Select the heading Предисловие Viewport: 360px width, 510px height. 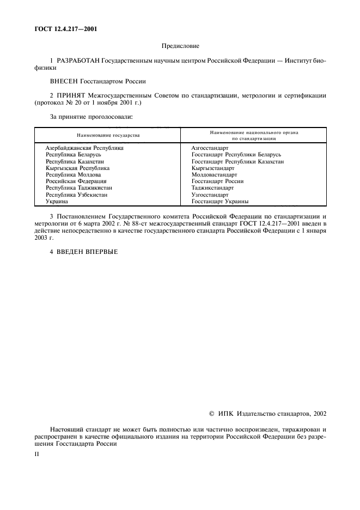(180, 47)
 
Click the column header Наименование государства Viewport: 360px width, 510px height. (108, 135)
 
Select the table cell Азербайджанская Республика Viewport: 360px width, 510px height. (84, 148)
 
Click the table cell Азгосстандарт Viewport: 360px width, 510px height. (210, 148)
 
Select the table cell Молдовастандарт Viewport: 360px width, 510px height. (214, 175)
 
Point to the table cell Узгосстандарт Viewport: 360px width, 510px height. (210, 195)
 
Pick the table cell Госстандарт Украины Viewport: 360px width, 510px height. (220, 202)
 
